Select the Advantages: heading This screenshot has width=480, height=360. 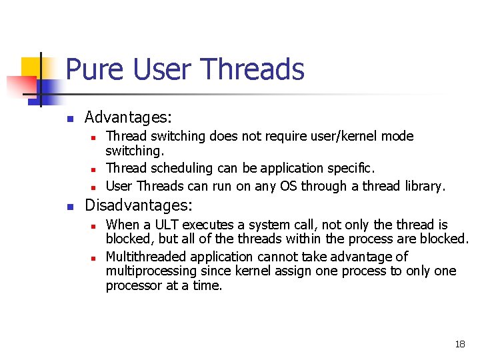(x=128, y=118)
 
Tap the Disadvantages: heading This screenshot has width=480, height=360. (x=139, y=205)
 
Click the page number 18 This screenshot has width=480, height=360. (x=459, y=344)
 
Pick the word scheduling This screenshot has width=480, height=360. (x=176, y=168)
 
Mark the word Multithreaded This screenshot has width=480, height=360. (x=143, y=257)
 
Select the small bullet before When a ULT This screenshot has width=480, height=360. (x=94, y=226)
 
